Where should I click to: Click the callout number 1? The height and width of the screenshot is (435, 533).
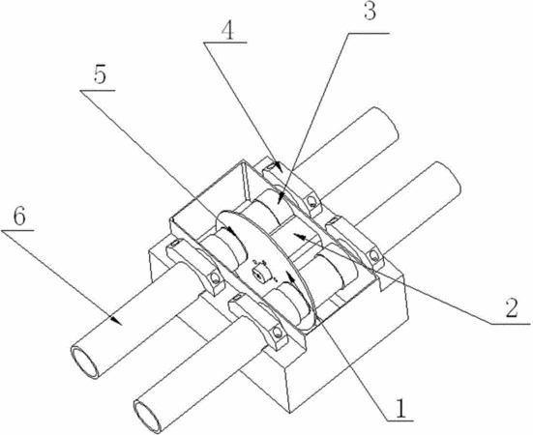(401, 408)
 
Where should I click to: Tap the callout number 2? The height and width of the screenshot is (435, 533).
(511, 308)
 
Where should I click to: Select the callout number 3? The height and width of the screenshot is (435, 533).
(370, 11)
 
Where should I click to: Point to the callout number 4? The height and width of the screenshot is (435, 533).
(227, 32)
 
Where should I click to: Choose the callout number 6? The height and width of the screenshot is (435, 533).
(18, 216)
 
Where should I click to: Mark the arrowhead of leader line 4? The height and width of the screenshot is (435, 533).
(278, 165)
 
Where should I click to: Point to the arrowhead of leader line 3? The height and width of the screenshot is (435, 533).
(281, 197)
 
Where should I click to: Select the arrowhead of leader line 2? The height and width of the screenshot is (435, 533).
(300, 235)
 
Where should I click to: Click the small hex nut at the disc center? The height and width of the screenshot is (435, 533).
(261, 275)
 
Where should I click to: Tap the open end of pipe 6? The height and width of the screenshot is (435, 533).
(84, 361)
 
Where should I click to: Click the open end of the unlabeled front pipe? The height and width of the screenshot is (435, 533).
(147, 417)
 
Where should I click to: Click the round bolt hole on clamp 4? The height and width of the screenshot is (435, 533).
(311, 201)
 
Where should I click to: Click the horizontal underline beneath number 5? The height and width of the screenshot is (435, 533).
(98, 91)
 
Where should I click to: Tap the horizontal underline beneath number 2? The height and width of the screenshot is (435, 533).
(511, 324)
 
